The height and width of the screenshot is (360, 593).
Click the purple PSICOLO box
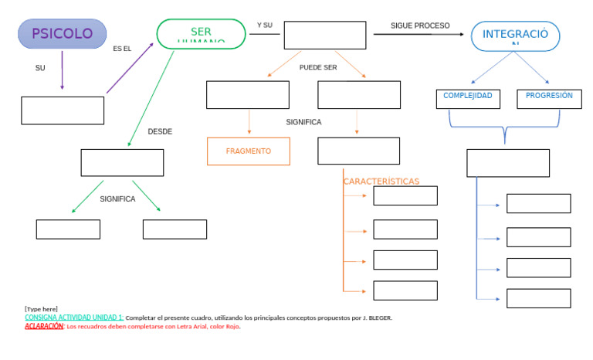(x=63, y=34)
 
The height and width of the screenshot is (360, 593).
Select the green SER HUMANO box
(x=201, y=34)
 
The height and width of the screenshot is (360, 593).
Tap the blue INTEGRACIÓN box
(x=515, y=36)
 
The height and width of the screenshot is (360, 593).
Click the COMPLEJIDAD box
(x=467, y=98)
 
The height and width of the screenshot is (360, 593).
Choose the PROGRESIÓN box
(x=549, y=98)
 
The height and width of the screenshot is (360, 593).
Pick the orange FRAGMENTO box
(x=249, y=151)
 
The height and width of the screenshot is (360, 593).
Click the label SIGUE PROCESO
(x=420, y=25)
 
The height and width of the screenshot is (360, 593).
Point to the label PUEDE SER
(x=318, y=67)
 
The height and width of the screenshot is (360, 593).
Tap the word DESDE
(x=160, y=131)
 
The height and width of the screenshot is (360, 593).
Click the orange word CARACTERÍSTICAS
(x=381, y=182)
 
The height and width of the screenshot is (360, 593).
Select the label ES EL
(x=122, y=49)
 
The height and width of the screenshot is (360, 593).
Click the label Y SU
(x=265, y=25)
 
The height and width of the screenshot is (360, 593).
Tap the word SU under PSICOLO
(x=40, y=68)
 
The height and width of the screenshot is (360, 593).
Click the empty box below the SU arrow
(x=63, y=110)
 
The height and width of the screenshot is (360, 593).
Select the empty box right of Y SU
(x=324, y=36)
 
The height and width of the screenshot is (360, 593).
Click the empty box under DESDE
(x=122, y=163)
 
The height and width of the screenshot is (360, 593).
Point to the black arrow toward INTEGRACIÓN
(x=421, y=34)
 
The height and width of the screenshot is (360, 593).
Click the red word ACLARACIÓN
(x=44, y=327)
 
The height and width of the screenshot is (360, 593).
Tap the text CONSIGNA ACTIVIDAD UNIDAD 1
(x=74, y=318)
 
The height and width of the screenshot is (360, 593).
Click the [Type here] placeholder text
(x=41, y=309)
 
